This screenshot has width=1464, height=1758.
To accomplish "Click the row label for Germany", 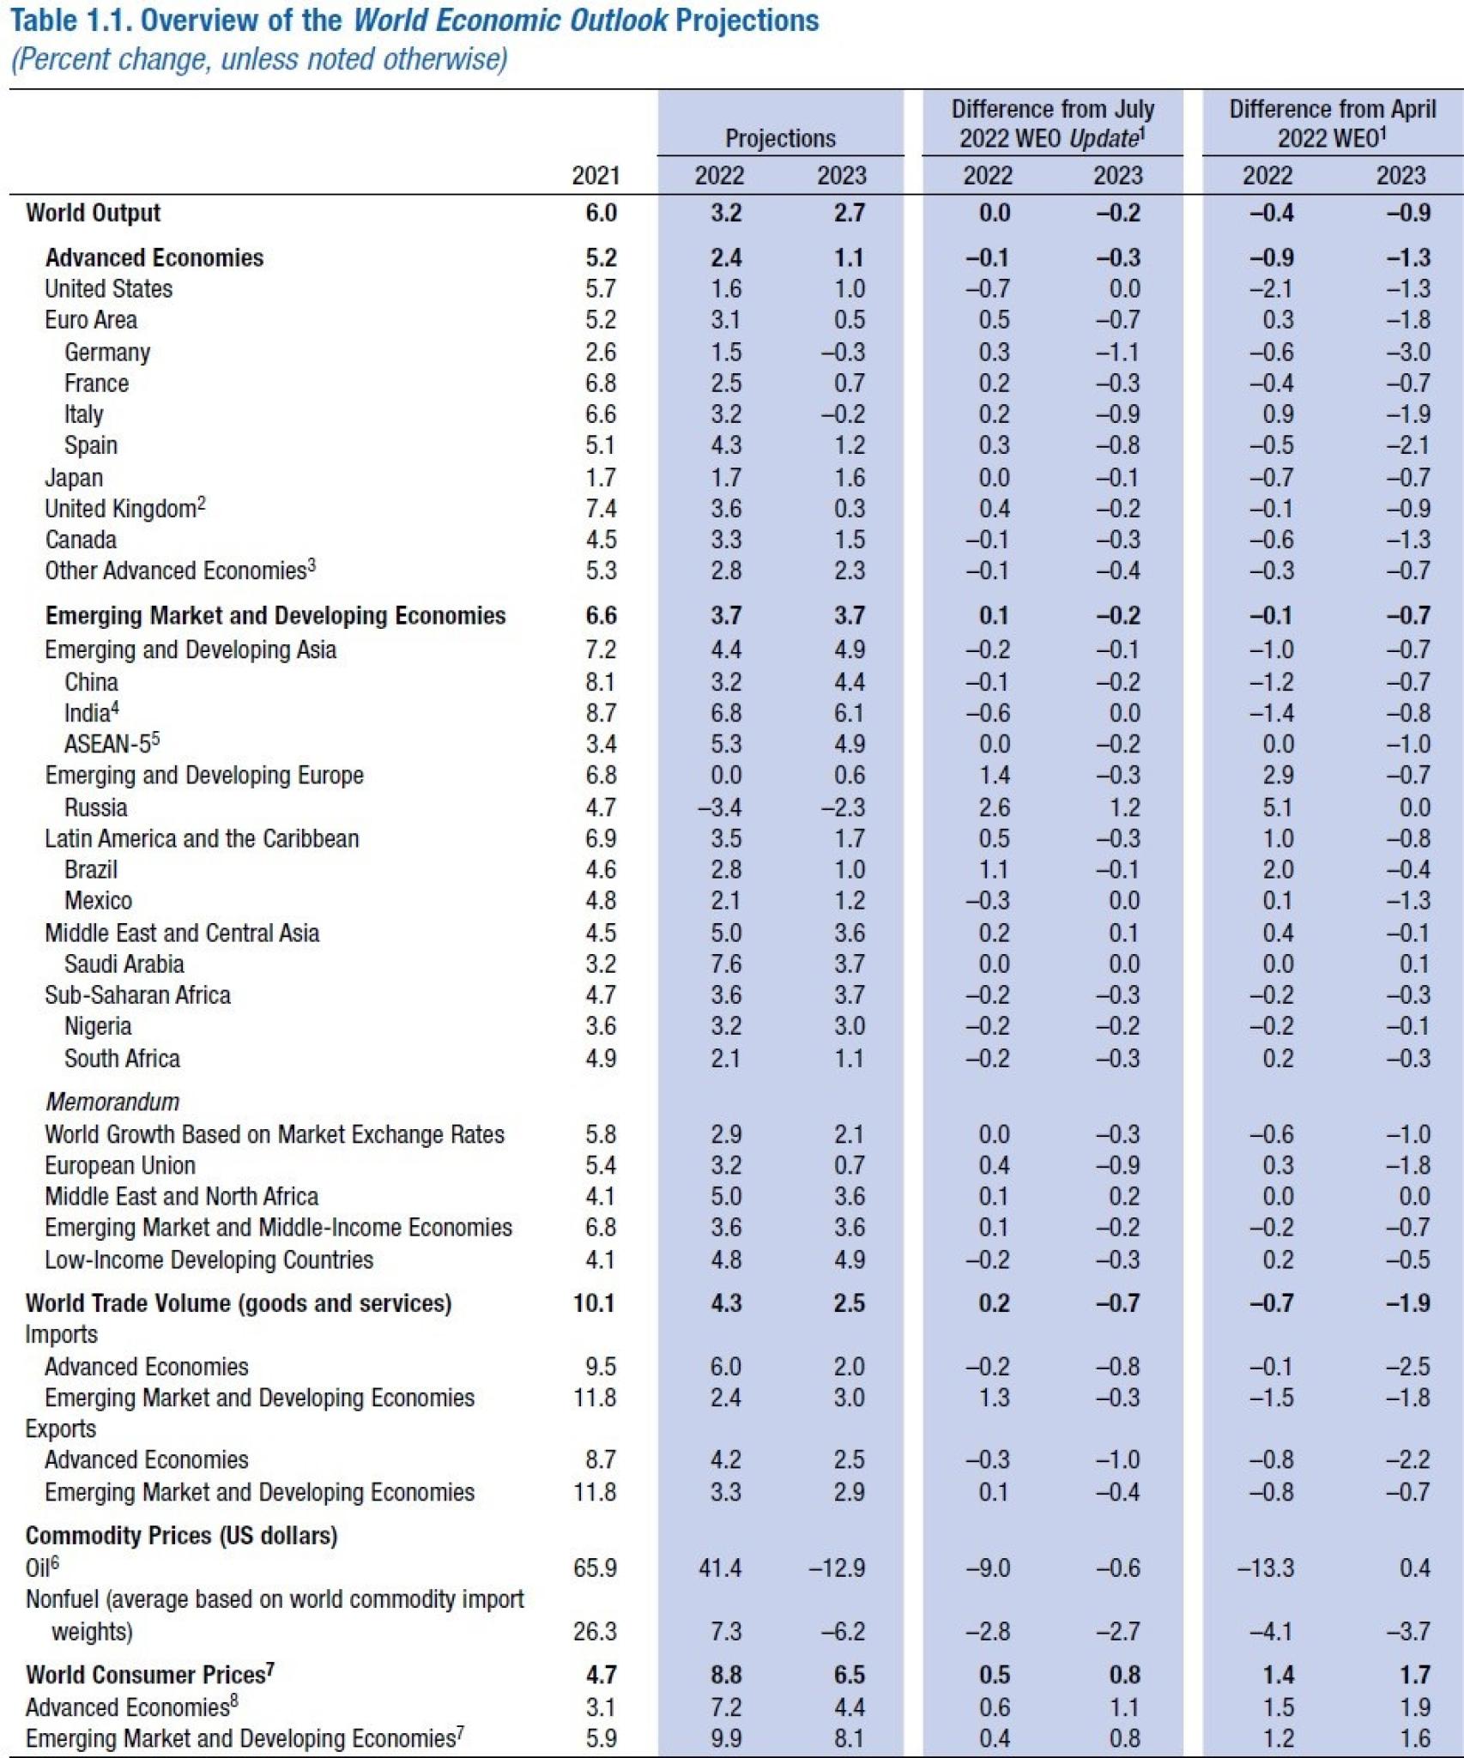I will tap(107, 352).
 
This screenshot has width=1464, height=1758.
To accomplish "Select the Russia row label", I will tap(95, 807).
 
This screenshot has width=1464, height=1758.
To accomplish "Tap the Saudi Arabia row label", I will tap(124, 964).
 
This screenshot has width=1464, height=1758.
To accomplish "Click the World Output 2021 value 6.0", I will tap(601, 213).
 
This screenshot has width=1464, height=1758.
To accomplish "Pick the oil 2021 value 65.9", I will tap(595, 1568).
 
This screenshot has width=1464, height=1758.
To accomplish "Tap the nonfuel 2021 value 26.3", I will tap(595, 1631).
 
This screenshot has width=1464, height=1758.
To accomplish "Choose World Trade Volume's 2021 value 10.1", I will tap(595, 1303).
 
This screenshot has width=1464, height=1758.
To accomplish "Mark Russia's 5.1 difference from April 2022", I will tap(1278, 807).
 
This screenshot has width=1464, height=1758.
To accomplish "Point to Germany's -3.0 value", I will tap(1407, 352).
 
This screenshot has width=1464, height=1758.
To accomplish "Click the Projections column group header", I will tap(780, 138).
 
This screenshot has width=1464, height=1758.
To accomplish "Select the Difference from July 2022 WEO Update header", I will tap(1052, 124).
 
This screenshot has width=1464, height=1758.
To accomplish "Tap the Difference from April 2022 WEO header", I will tap(1332, 124).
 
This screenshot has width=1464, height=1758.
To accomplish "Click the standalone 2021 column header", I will tap(596, 176).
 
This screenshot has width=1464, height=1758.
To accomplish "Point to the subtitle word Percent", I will tap(59, 59).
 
